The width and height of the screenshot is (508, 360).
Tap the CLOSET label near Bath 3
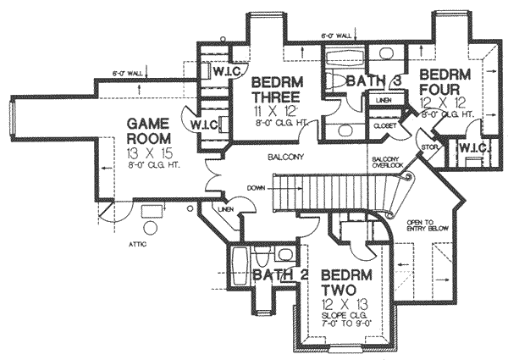(x=385, y=125)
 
